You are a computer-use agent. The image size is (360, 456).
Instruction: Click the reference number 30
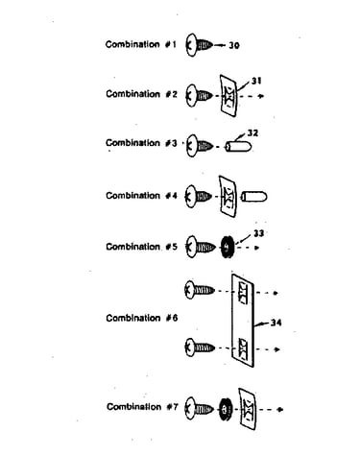pos(234,45)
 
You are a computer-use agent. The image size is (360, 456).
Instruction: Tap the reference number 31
pos(256,81)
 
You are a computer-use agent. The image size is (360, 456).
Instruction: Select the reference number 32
pos(252,132)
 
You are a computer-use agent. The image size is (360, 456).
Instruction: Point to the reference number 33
pos(258,233)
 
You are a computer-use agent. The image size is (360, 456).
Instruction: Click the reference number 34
pos(276,323)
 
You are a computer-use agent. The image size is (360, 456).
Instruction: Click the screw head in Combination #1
pos(190,45)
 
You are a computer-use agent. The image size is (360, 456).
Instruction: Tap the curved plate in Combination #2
pos(228,96)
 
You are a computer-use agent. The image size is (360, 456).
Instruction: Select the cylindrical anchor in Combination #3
pos(238,147)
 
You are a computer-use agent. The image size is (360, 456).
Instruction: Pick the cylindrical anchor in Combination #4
pos(253,197)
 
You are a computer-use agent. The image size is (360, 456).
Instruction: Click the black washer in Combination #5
pos(228,248)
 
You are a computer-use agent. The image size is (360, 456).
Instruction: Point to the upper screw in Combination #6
pos(200,290)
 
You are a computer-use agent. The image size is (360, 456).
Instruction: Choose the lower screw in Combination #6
pos(200,348)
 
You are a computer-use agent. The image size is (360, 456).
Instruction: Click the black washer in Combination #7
pos(226,409)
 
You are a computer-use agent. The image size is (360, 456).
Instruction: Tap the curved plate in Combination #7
pos(248,409)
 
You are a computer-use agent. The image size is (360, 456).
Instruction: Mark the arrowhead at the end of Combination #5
pos(256,248)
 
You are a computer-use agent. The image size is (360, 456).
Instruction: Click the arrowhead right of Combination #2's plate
pos(261,96)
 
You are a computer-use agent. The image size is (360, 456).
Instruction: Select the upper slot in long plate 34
pos(243,293)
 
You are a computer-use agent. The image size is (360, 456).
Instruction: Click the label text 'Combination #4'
pos(141,196)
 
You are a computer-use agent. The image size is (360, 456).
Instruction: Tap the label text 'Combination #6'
pos(142,318)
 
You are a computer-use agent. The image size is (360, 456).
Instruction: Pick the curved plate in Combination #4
pos(228,196)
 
